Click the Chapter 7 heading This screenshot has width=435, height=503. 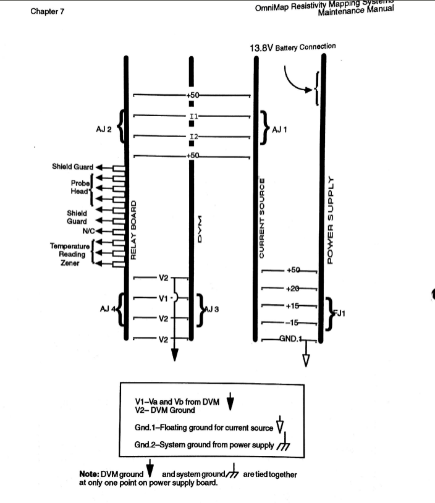pos(47,12)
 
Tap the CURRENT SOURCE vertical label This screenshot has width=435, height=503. pos(261,219)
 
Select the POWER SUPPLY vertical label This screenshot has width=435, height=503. pos(331,220)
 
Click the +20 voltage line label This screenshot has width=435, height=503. pos(293,289)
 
